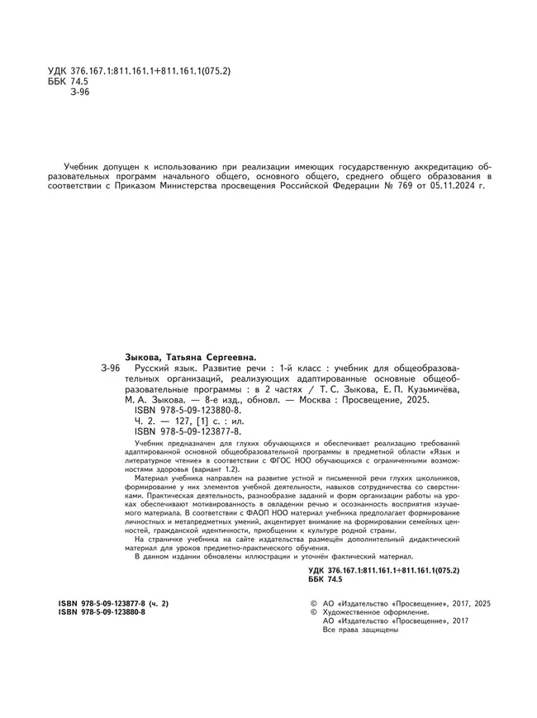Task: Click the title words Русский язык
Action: (161, 367)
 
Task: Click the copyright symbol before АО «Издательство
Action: (312, 605)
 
